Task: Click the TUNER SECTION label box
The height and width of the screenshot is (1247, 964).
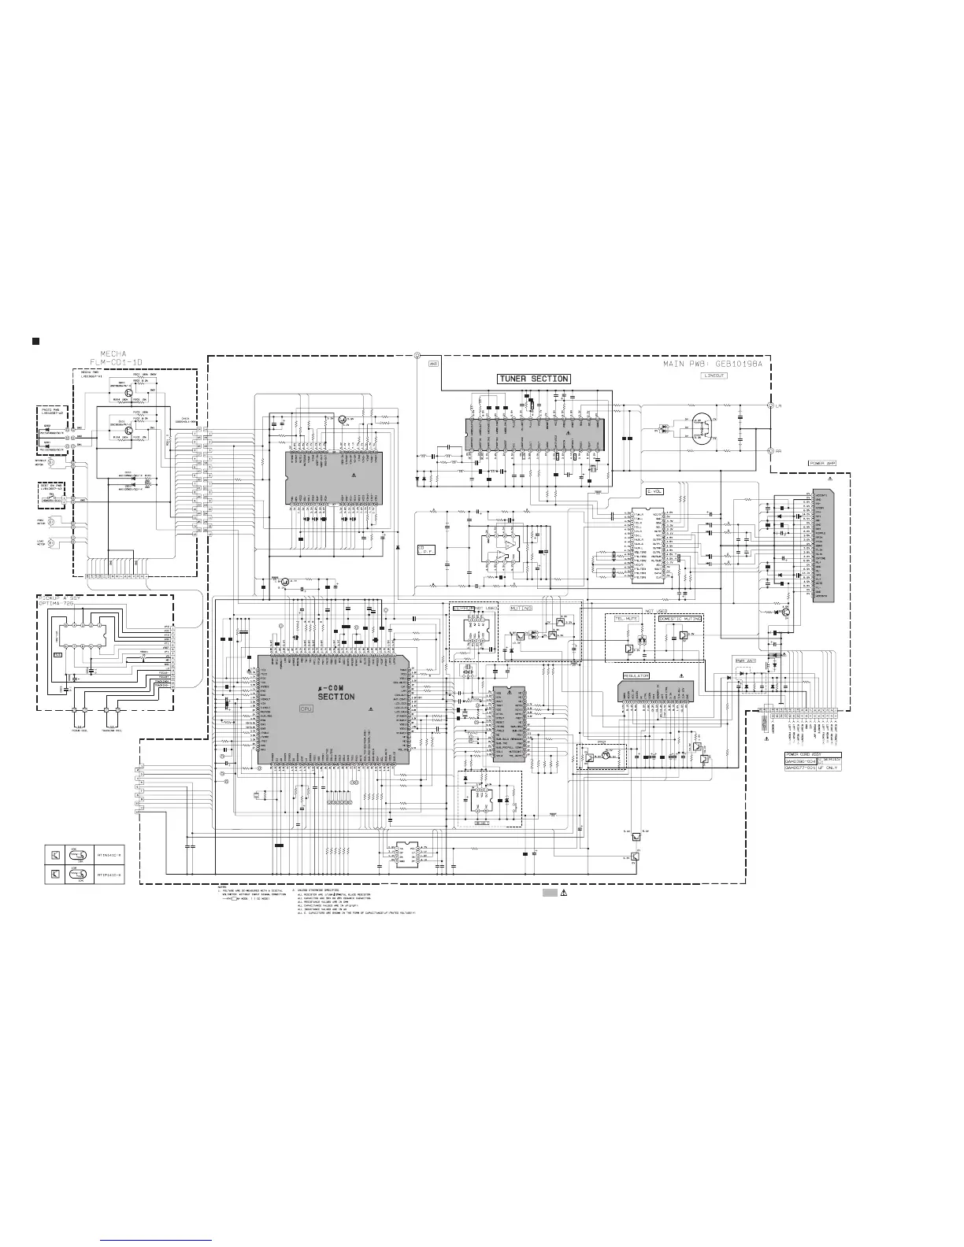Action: point(533,379)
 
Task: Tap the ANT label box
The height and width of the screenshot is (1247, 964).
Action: point(433,364)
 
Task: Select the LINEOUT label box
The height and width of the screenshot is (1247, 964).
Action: point(715,376)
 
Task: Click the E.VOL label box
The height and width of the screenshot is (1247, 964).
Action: point(654,491)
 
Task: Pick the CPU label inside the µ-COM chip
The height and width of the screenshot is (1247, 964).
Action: point(307,709)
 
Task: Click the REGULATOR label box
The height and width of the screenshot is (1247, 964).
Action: point(636,675)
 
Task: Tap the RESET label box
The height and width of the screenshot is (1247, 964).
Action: point(481,823)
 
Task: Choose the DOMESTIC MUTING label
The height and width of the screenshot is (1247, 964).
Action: point(680,619)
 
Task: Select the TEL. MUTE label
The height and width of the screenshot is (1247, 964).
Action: point(626,619)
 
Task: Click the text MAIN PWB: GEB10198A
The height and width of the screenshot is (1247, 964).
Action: point(716,364)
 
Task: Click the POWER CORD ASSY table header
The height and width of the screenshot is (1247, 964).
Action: point(804,753)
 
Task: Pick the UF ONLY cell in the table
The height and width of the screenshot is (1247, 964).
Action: point(830,768)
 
